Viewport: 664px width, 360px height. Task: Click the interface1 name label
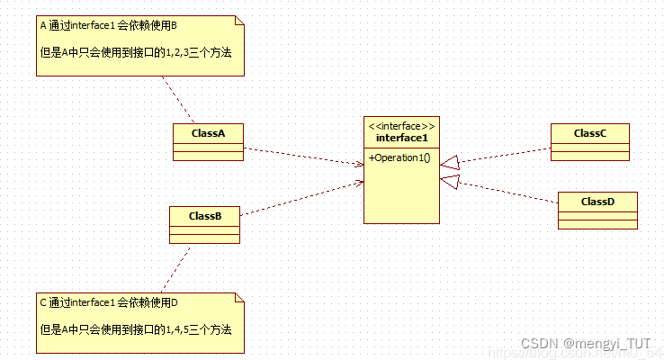401,138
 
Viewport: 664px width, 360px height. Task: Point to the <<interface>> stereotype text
401,126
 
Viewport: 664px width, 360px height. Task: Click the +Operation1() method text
399,158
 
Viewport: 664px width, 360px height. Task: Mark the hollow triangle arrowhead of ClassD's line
451,182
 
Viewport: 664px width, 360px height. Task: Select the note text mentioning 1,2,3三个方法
136,53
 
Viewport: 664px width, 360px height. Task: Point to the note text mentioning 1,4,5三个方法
136,329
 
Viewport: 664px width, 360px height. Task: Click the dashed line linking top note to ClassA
178,99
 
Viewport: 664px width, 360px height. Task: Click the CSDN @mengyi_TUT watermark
586,344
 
